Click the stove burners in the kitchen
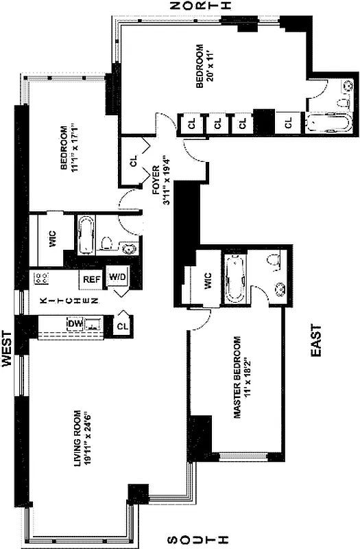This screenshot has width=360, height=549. coord(41,279)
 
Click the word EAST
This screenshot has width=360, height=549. coord(315,340)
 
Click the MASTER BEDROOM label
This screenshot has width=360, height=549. coord(237,377)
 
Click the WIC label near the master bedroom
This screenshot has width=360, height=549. coord(208,283)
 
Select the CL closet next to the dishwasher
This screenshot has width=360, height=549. coord(122,325)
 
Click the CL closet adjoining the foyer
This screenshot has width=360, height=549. coord(133,163)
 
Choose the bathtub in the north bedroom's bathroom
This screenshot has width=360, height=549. coord(328,125)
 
